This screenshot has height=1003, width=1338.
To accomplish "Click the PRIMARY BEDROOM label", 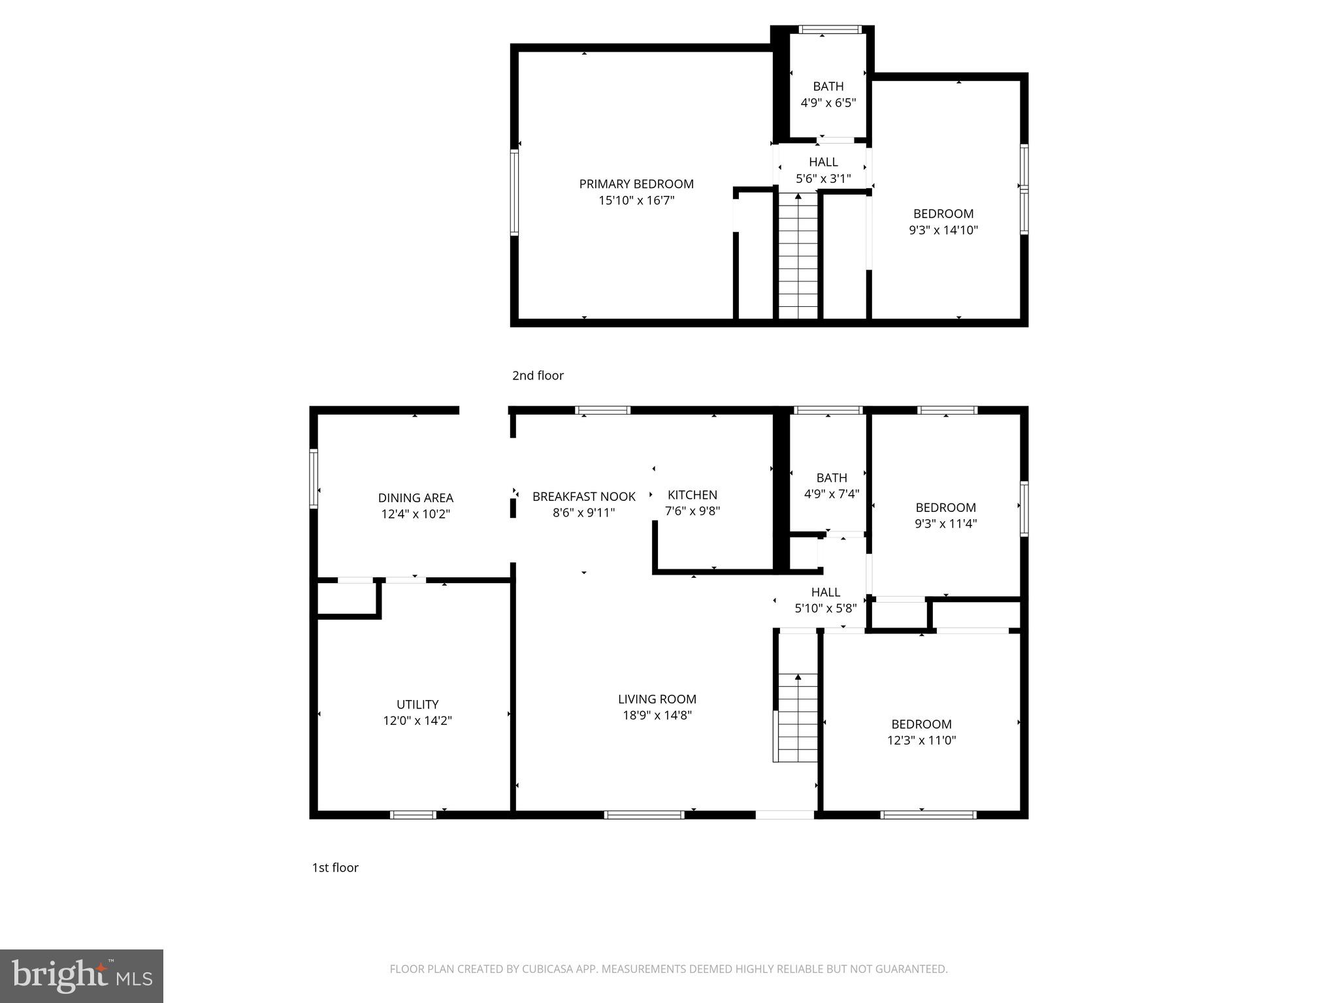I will (x=636, y=184).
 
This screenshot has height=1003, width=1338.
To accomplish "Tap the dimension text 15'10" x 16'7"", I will (x=636, y=200).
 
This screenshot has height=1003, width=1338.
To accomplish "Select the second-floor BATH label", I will (x=828, y=86).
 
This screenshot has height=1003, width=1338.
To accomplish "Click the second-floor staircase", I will (x=798, y=258).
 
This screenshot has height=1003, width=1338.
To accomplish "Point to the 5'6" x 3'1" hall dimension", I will (x=823, y=178).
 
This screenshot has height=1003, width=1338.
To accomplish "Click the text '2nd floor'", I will (x=537, y=375).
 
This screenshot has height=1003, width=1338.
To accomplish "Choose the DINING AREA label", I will (x=416, y=498).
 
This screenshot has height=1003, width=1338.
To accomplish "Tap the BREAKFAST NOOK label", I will (x=583, y=496).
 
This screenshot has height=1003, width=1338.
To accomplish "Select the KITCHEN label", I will (x=692, y=495).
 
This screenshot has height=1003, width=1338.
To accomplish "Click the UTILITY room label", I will (x=417, y=705).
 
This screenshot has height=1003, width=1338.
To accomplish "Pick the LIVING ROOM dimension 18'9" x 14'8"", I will (x=657, y=715).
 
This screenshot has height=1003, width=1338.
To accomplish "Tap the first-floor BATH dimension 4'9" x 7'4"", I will (x=831, y=494).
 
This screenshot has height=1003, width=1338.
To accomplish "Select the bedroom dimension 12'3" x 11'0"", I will (x=921, y=740).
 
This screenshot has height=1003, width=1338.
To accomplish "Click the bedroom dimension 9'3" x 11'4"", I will (x=945, y=523).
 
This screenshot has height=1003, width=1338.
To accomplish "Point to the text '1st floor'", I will (x=334, y=867).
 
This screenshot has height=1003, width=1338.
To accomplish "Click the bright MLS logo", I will (x=82, y=976).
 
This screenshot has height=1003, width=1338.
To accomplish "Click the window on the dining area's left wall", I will (x=314, y=478).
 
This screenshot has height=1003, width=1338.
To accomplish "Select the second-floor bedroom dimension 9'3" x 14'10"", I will (x=943, y=230).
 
